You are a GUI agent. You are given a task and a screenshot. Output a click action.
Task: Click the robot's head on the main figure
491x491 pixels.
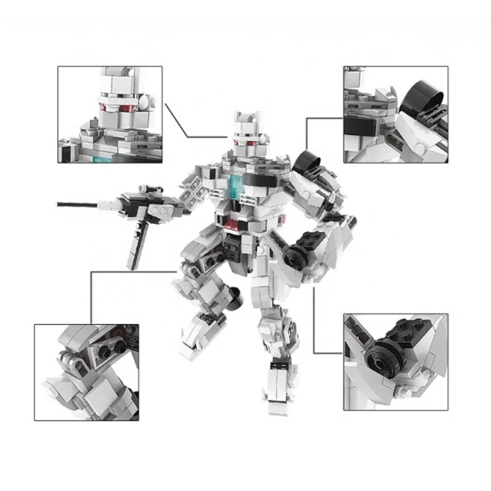pos(245,135)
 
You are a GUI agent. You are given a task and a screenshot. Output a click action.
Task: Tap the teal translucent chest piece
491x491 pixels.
pos(236,184)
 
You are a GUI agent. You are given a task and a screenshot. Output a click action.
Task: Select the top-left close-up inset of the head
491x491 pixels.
pos(110,115)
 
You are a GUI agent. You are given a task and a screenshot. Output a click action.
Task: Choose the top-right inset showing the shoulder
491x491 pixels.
pos(395,115)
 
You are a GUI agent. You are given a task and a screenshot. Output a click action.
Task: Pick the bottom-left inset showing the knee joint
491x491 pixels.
pos(87,372)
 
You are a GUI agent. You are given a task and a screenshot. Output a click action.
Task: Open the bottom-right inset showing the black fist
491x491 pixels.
pos(395,362)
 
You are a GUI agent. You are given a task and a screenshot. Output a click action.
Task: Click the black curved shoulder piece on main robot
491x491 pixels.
pos(307,163)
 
